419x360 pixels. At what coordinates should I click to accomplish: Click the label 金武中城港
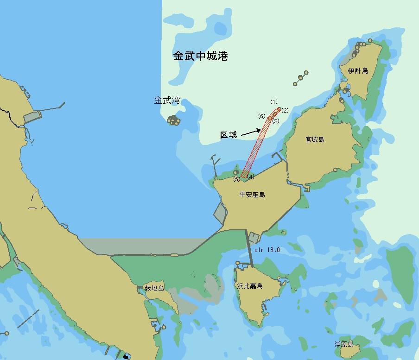201,57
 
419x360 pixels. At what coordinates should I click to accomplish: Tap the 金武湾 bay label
167,100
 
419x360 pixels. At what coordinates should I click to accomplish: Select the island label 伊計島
358,71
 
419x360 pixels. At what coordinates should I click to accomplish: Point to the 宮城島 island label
315,139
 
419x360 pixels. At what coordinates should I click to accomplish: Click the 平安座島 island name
252,195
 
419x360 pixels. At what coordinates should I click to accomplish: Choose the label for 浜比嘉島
250,286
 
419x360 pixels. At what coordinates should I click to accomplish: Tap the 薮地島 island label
154,288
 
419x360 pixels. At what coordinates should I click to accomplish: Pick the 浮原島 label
344,344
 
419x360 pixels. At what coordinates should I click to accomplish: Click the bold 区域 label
228,135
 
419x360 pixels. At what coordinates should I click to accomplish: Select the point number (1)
274,102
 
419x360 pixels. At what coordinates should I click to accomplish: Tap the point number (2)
285,110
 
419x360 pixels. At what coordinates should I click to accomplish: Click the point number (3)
276,121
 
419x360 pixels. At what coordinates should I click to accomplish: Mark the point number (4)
251,176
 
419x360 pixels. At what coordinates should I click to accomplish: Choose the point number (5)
236,179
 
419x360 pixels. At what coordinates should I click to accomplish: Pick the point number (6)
262,116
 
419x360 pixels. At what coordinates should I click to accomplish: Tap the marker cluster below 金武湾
174,120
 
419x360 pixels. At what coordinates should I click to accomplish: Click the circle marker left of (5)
236,172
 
